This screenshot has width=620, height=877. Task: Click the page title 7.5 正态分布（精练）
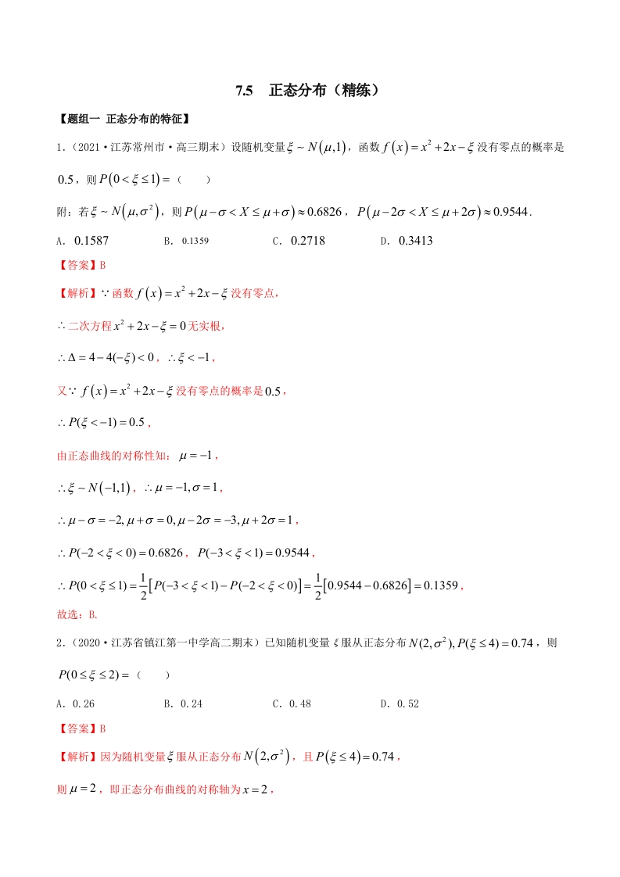tap(310, 91)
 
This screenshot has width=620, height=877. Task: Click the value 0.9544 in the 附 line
tap(506, 211)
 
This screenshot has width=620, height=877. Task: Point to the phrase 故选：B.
tap(77, 614)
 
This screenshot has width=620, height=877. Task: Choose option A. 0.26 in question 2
tap(77, 703)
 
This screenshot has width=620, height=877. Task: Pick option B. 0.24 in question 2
tap(183, 703)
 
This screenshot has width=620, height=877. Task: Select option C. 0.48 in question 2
tap(292, 703)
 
